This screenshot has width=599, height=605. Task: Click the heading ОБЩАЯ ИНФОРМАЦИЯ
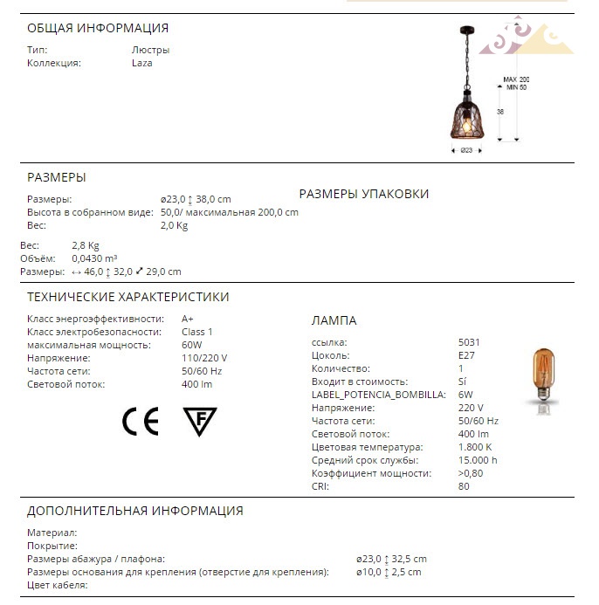[98, 28]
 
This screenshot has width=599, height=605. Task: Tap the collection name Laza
[141, 63]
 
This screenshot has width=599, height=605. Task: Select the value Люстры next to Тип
[150, 50]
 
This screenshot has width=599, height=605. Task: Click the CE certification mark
[140, 422]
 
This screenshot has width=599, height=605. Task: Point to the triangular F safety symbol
[200, 421]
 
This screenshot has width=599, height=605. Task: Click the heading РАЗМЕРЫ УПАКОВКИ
[364, 194]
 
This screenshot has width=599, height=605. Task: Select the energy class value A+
[188, 319]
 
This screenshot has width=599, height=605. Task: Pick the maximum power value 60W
[191, 345]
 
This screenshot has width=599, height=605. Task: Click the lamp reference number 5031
[469, 342]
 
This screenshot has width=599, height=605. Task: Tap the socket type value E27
[466, 355]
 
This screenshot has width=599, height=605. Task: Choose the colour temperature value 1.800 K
[475, 447]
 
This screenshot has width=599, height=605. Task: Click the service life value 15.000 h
[478, 460]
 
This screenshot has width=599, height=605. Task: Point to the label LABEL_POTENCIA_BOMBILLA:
[379, 395]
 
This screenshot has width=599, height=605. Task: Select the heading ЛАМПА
[334, 320]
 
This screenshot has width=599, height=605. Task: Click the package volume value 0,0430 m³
[94, 258]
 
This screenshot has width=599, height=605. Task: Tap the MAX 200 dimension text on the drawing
[516, 79]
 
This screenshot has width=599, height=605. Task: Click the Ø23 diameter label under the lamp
[466, 150]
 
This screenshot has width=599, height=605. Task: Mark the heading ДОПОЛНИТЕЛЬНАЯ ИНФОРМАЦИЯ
[135, 511]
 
